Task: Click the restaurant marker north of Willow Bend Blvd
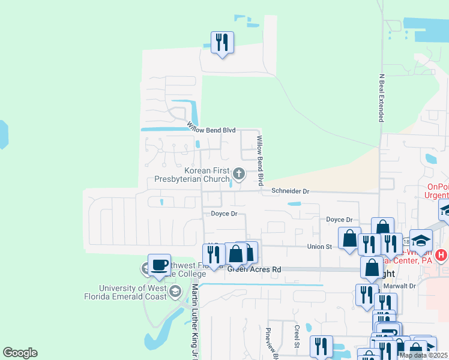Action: point(222,43)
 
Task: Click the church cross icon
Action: point(239,175)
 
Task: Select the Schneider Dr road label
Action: point(290,191)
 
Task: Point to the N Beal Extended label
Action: point(381,98)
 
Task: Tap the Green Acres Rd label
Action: point(254,269)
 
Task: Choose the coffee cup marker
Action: point(159,265)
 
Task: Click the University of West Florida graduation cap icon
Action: point(175,292)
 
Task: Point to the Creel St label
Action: point(297,336)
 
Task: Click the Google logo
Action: point(20,353)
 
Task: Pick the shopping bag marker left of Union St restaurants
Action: point(349,238)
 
